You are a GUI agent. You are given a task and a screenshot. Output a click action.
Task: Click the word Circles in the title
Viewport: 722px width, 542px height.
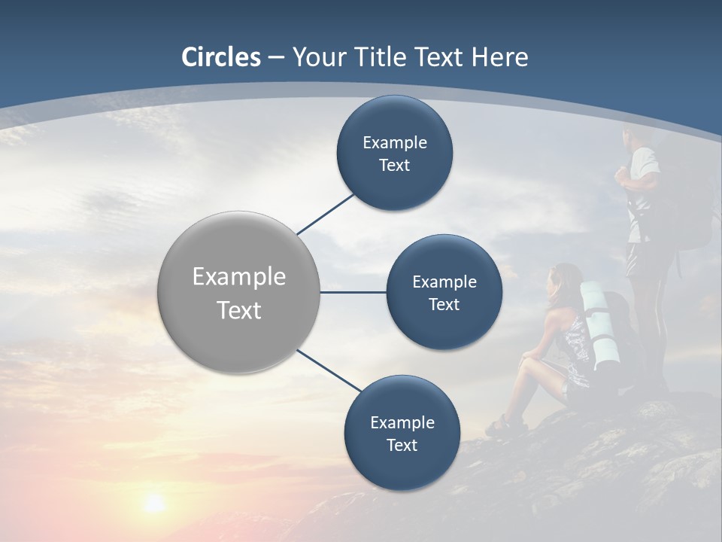[x=221, y=57]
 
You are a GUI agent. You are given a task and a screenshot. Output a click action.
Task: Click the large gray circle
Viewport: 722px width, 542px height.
[x=239, y=293]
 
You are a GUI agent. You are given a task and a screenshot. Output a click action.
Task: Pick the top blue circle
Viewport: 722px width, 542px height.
[x=394, y=154]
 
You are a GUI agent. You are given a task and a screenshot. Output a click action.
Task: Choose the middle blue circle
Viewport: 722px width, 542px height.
[x=444, y=293]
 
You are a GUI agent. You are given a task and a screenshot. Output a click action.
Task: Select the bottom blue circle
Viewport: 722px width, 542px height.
[x=402, y=433]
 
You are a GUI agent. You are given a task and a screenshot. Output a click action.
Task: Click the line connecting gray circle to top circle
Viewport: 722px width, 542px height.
[x=326, y=214]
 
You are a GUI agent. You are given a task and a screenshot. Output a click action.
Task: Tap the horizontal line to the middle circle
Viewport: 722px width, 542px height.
[x=353, y=292]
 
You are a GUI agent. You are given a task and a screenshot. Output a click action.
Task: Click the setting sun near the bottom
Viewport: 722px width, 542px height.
[x=154, y=502]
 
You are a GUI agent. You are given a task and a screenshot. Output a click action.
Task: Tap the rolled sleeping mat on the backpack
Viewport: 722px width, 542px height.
[x=600, y=324]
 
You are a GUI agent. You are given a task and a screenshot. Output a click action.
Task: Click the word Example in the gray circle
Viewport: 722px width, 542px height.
[x=239, y=276]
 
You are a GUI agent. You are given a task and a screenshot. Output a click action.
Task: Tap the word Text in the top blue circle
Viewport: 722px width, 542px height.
[x=394, y=166]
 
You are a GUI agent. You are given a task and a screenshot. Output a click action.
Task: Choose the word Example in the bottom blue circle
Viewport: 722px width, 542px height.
[x=402, y=422]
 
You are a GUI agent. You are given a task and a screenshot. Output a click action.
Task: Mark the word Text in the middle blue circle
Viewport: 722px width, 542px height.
[x=444, y=304]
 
